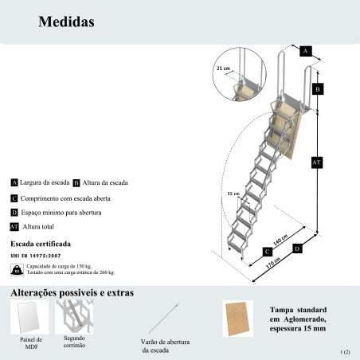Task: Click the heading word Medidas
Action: tap(66, 22)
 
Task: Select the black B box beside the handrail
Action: tap(318, 90)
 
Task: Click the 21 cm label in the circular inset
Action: tap(223, 69)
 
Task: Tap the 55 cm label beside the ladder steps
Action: tap(233, 194)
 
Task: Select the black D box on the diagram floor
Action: tap(297, 249)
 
